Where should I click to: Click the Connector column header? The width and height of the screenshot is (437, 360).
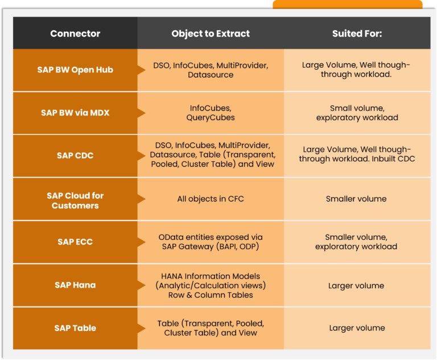click(75, 34)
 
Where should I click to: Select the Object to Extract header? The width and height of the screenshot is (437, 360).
click(211, 34)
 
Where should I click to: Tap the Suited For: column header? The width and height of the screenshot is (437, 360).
click(357, 34)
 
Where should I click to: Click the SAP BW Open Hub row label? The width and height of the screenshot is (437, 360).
click(75, 70)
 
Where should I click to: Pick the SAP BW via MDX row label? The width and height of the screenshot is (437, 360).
click(75, 113)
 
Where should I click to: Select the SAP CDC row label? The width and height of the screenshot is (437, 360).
click(75, 156)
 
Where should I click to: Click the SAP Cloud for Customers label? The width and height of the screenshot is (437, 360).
click(75, 200)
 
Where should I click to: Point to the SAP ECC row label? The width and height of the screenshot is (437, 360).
click(75, 242)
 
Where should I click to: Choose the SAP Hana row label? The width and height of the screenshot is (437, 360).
click(75, 285)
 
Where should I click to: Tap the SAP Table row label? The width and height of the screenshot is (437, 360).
click(75, 328)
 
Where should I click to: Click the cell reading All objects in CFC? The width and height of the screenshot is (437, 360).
click(211, 199)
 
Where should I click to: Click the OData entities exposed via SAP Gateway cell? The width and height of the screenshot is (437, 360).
click(211, 242)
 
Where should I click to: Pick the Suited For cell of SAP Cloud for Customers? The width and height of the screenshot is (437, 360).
click(356, 199)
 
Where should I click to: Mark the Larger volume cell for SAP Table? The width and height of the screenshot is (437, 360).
click(357, 328)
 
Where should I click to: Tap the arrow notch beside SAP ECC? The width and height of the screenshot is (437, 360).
click(141, 242)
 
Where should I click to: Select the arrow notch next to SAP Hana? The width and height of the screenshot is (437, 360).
click(141, 285)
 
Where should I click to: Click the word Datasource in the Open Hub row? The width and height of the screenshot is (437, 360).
click(211, 75)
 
